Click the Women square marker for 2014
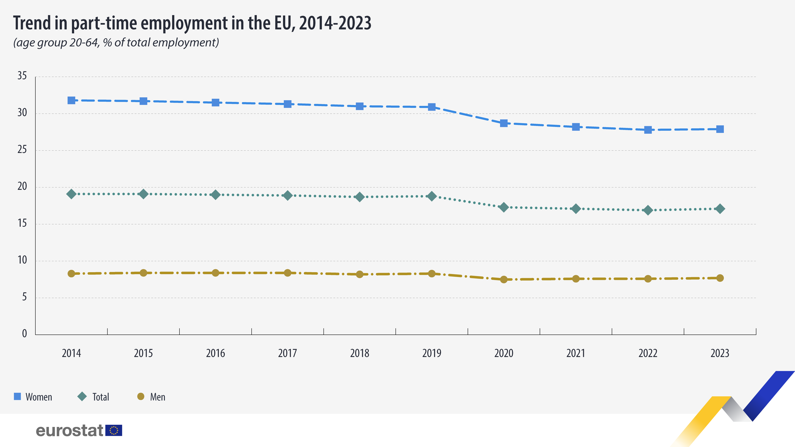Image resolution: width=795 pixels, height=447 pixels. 71,100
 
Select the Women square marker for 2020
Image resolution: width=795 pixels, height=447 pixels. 504,123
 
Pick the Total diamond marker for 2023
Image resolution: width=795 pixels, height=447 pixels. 720,209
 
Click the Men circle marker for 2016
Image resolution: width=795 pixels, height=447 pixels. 215,273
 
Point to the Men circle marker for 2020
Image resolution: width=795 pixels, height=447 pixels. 504,280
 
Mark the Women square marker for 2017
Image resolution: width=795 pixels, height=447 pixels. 288,104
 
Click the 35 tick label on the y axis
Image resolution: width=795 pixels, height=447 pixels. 22,75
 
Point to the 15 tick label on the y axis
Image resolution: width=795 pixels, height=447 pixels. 22,223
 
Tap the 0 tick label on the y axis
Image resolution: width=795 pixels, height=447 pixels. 24,334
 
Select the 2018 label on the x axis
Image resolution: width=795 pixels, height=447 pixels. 360,353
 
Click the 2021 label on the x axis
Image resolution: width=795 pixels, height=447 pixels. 576,353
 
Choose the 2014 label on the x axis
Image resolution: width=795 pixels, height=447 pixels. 71,353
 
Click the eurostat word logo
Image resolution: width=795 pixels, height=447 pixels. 69,430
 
